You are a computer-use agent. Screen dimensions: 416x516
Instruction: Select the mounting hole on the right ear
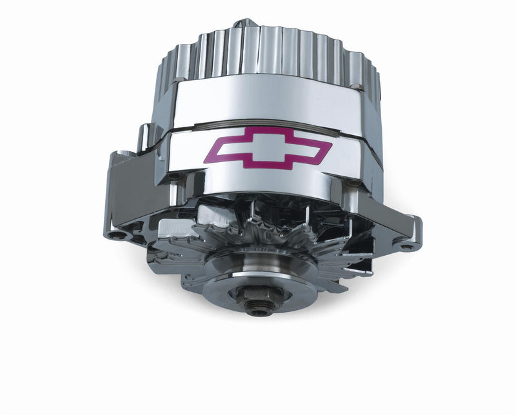[405, 245]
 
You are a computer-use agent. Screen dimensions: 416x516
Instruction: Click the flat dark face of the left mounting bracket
[126, 194]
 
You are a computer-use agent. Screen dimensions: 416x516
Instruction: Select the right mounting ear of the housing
[397, 229]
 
